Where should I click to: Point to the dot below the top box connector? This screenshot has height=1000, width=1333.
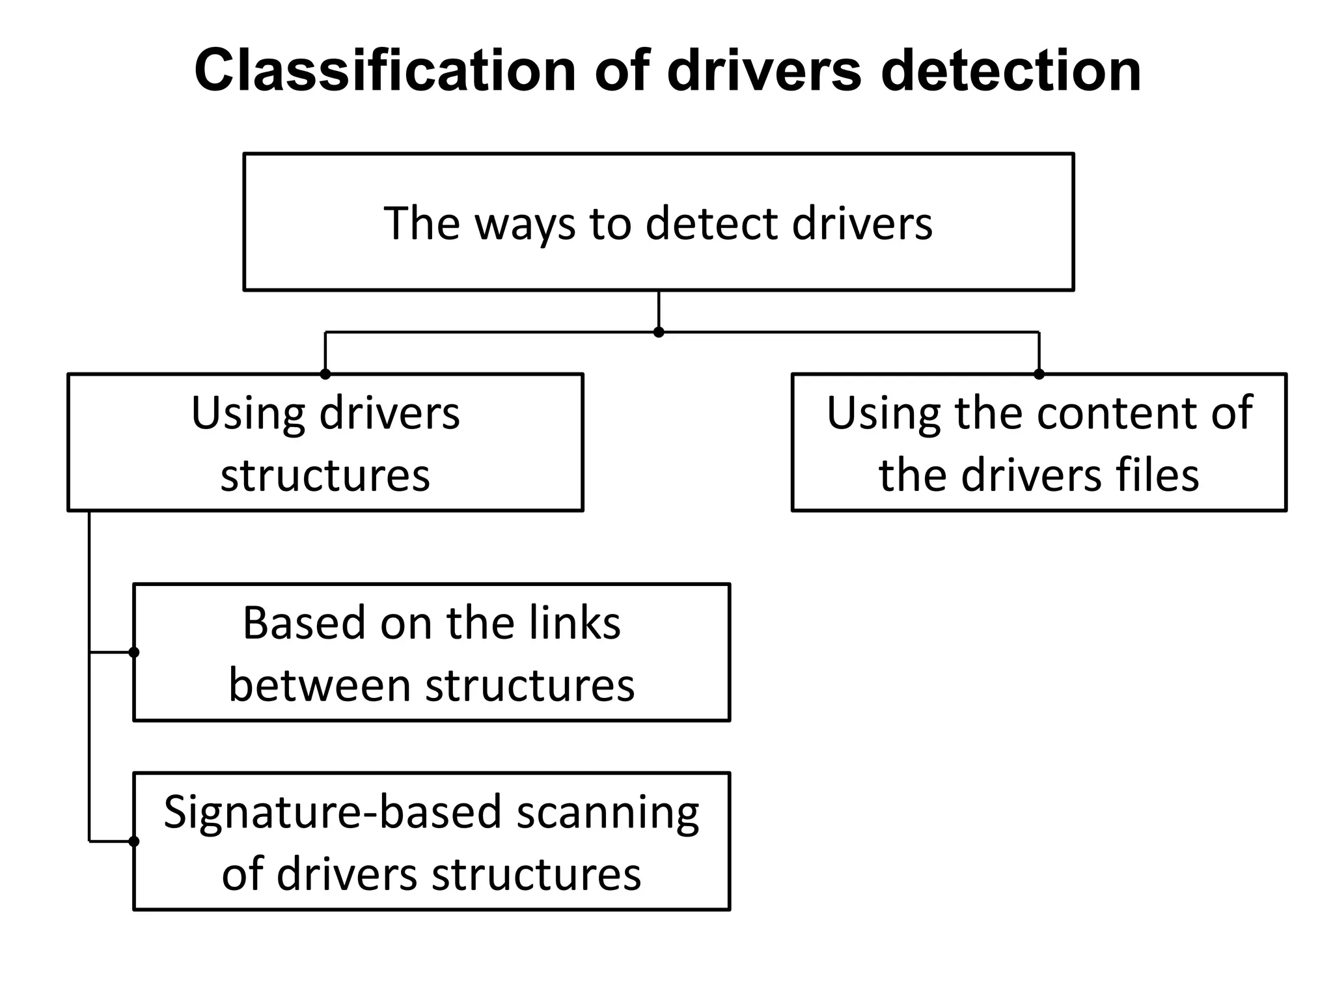[659, 332]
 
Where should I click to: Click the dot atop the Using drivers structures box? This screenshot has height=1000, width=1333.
[325, 374]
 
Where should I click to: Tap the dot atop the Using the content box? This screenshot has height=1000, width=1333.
[1039, 374]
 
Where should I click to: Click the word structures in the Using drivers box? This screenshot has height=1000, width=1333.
[325, 475]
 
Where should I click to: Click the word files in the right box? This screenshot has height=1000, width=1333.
[1157, 475]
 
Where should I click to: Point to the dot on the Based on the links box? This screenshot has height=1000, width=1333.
[134, 652]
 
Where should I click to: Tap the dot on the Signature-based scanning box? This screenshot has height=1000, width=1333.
[134, 841]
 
